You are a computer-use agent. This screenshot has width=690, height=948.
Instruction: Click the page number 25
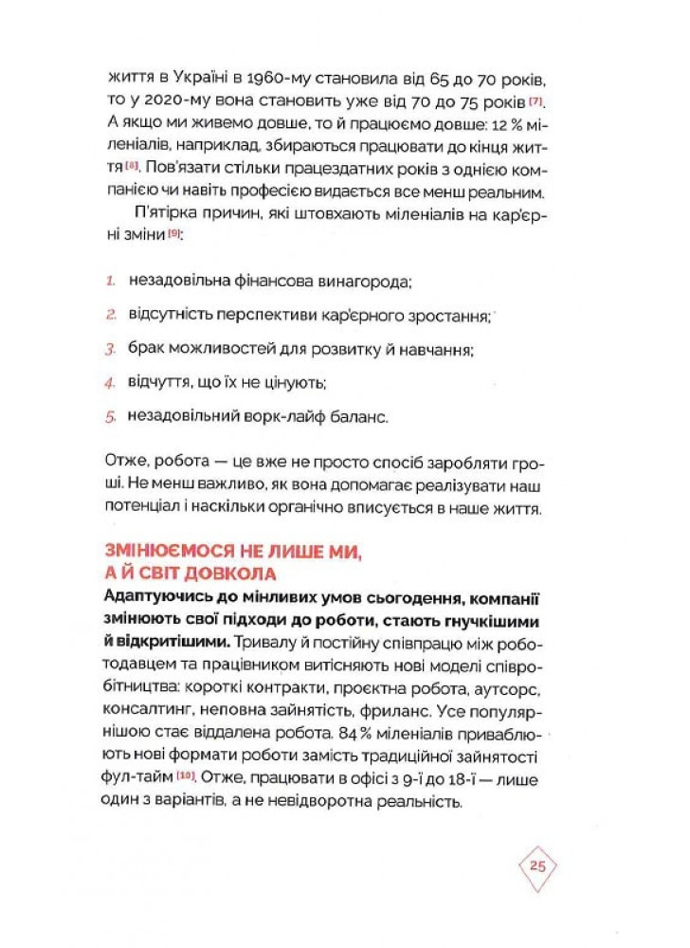pyautogui.click(x=537, y=866)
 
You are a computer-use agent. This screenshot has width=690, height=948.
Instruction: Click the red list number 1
pyautogui.click(x=110, y=283)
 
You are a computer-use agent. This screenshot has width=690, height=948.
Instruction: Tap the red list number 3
pyautogui.click(x=110, y=349)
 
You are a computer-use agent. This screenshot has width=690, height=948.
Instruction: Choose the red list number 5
pyautogui.click(x=110, y=416)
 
